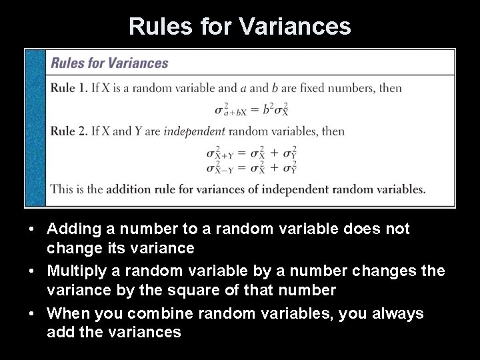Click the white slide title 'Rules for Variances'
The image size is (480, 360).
point(239,26)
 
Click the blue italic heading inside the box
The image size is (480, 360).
point(110,63)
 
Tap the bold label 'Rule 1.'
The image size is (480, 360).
point(69,87)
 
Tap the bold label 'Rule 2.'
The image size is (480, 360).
point(69,131)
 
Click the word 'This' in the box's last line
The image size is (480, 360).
point(61,189)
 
